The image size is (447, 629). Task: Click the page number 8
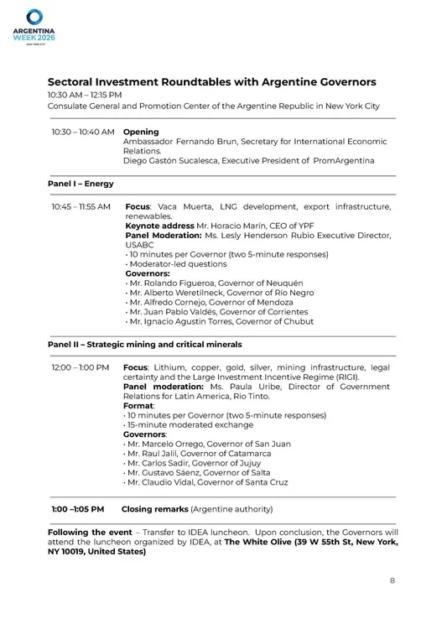click(x=392, y=580)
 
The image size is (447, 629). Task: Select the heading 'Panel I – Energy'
click(x=81, y=184)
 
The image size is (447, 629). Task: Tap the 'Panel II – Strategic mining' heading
click(x=144, y=344)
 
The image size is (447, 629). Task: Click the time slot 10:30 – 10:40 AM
click(x=82, y=133)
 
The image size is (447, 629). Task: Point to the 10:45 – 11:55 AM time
click(x=81, y=206)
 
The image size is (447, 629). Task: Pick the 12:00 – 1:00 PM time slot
click(x=81, y=367)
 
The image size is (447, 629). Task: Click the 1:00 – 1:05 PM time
click(x=78, y=509)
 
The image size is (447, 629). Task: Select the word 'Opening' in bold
click(x=141, y=133)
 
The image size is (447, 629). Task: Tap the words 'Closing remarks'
click(x=155, y=509)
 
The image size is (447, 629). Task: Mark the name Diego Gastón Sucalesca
click(x=170, y=160)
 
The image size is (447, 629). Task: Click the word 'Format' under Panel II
click(x=138, y=405)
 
